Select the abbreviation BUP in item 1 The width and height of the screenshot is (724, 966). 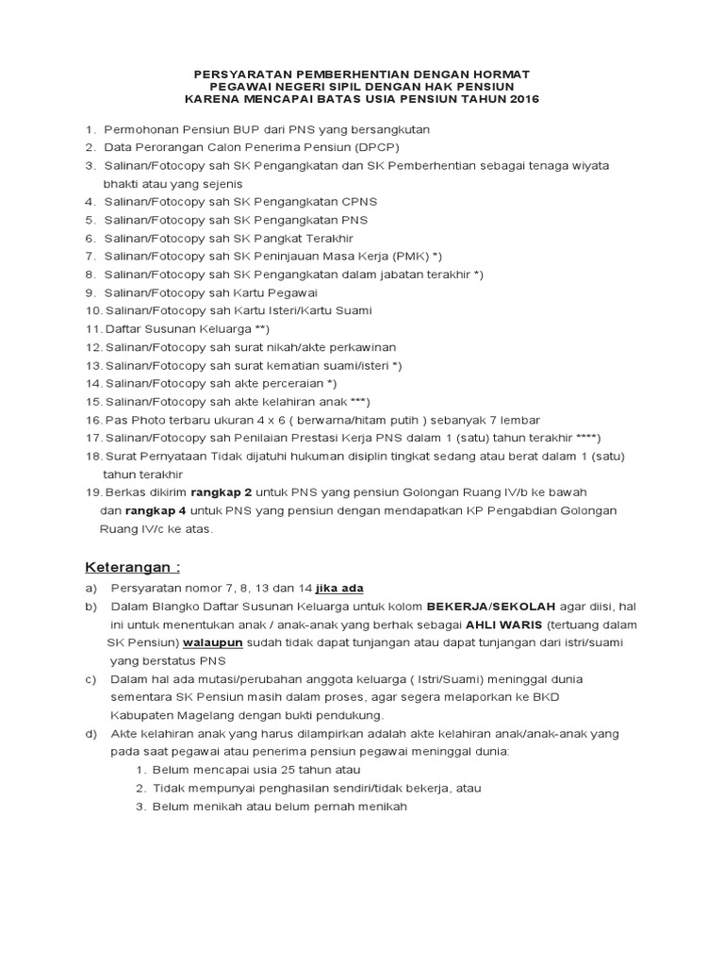pos(235,129)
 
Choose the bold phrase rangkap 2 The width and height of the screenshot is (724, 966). pos(222,492)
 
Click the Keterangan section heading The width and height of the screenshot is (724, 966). pos(133,568)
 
